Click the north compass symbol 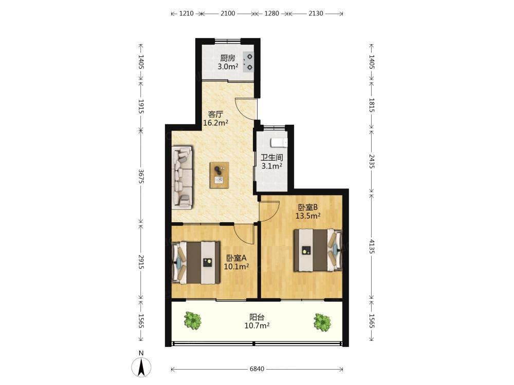click(x=141, y=366)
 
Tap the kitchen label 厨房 click(x=228, y=59)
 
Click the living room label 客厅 click(x=216, y=114)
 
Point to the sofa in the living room click(x=182, y=178)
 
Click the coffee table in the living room click(x=219, y=175)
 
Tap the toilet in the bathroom click(x=279, y=143)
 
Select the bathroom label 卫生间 click(x=272, y=158)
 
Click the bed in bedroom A click(x=196, y=262)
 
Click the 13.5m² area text click(x=308, y=216)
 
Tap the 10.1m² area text click(x=236, y=266)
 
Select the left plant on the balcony click(x=192, y=320)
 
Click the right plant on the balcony click(x=322, y=322)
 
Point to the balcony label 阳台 click(x=257, y=317)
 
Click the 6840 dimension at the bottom click(x=257, y=369)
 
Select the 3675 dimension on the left click(x=141, y=176)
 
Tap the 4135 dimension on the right click(x=372, y=246)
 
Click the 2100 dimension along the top click(x=228, y=13)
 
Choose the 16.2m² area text click(x=216, y=123)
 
